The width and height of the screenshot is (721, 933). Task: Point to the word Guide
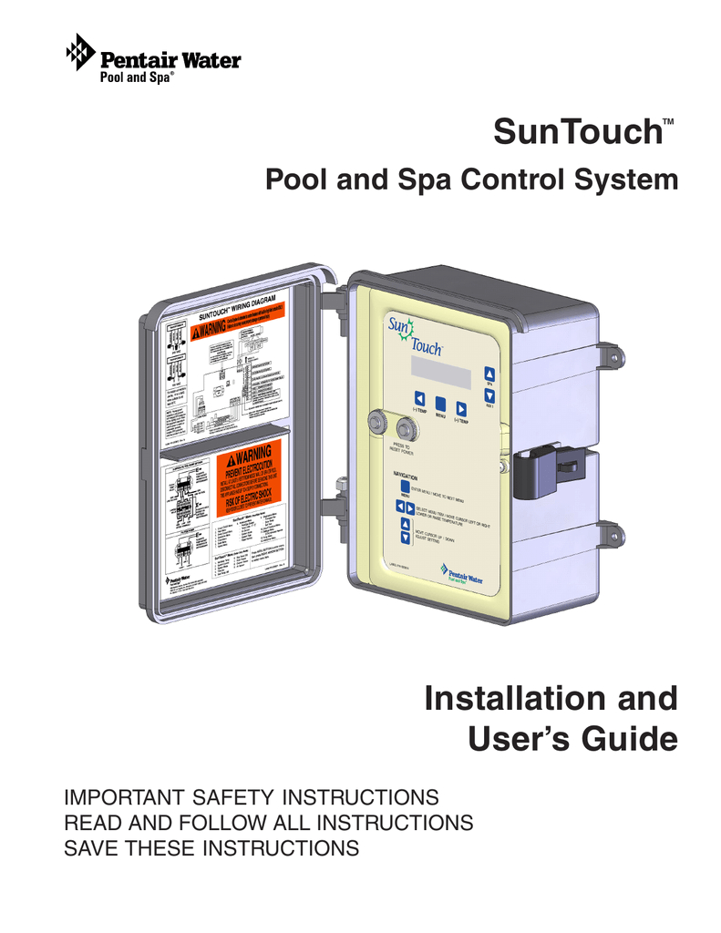coord(629,738)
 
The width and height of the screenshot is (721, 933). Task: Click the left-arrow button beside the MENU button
coord(418,399)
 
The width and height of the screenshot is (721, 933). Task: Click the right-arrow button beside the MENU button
coord(461,409)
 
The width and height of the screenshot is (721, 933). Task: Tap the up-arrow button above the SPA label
coord(489,372)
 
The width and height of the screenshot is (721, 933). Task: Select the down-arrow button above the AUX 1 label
coord(489,395)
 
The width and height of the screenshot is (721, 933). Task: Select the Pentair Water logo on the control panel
coord(461,573)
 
